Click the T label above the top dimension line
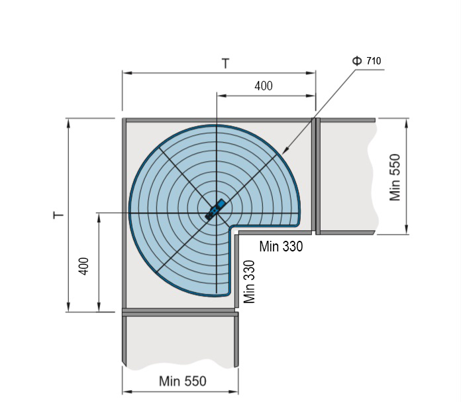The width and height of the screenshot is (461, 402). (x=225, y=63)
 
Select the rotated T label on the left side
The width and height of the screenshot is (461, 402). (x=58, y=215)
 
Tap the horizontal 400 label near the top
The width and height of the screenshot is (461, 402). (x=264, y=86)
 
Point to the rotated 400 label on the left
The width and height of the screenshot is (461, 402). (x=84, y=266)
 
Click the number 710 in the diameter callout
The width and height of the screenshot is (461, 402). (x=374, y=60)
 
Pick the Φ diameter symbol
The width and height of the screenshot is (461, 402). (x=357, y=60)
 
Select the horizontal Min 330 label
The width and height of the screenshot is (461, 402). (x=281, y=246)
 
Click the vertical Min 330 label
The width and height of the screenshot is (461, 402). (x=249, y=281)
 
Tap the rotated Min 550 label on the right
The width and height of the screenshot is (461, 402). (x=395, y=177)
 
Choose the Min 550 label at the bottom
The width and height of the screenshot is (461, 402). (x=183, y=381)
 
